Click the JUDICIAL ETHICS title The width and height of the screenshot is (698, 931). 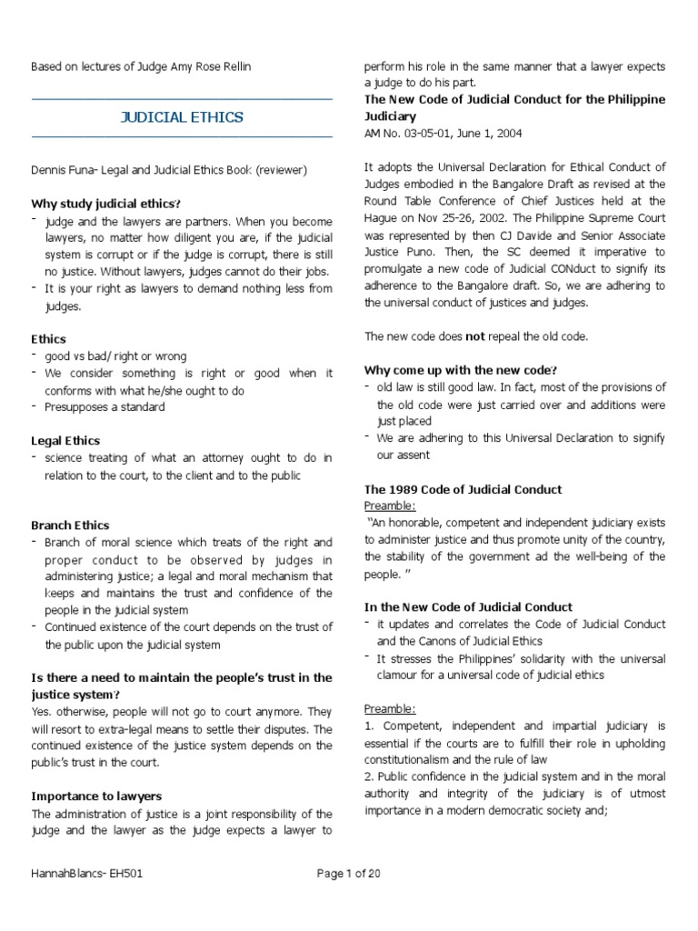click(x=182, y=117)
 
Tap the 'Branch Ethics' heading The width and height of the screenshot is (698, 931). click(x=70, y=526)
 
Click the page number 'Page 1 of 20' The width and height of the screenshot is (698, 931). click(x=354, y=875)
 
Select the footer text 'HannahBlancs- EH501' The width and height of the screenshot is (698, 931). click(x=87, y=875)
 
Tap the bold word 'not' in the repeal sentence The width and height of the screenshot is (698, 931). click(x=475, y=336)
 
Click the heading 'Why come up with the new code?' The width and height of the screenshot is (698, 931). click(x=461, y=370)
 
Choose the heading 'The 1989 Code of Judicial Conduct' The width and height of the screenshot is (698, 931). click(x=463, y=489)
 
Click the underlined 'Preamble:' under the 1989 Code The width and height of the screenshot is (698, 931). click(x=390, y=506)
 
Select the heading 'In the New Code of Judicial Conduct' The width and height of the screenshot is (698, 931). click(x=468, y=607)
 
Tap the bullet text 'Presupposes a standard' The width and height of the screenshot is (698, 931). click(x=105, y=407)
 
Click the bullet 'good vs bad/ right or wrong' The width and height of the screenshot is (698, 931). click(x=115, y=356)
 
